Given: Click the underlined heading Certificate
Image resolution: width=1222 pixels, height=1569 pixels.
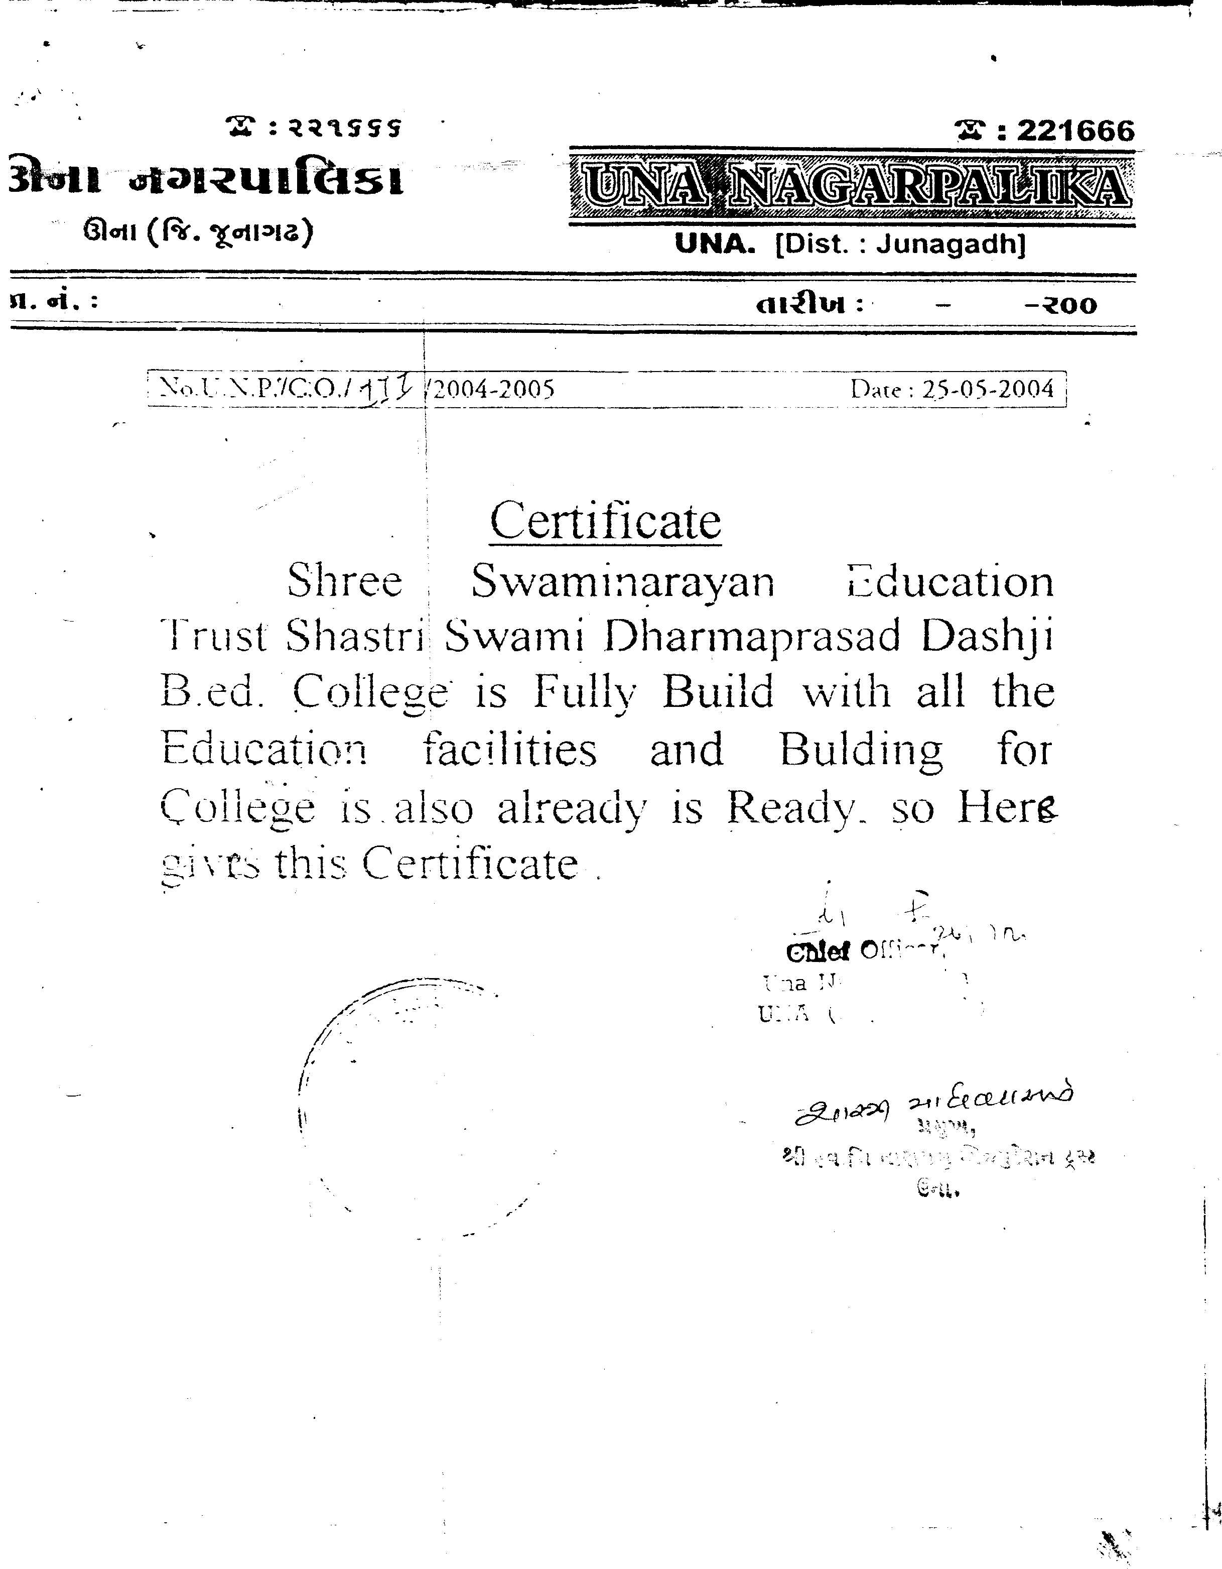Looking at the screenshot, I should click(x=605, y=521).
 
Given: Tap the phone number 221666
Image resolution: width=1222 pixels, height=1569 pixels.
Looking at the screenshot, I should click(x=1075, y=131).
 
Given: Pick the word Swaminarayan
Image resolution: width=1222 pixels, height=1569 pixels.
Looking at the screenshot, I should click(x=623, y=581).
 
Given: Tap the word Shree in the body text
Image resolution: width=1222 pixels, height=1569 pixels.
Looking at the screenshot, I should click(x=345, y=581).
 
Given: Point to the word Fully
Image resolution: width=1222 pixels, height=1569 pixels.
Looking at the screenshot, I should click(x=585, y=692).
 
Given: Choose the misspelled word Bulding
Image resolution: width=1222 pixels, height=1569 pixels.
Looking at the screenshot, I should click(x=861, y=751).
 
